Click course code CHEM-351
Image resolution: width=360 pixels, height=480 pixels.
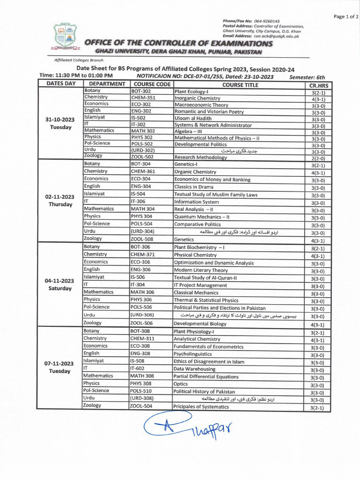pyautogui.click(x=143, y=98)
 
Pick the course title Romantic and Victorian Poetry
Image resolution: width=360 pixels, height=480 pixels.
pyautogui.click(x=209, y=112)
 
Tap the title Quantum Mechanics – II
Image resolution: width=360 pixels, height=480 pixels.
pyautogui.click(x=202, y=217)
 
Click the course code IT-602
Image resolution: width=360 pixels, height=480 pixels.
pyautogui.click(x=139, y=369)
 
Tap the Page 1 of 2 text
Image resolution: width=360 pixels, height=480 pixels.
pyautogui.click(x=345, y=16)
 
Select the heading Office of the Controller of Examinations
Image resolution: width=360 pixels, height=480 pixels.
pyautogui.click(x=178, y=43)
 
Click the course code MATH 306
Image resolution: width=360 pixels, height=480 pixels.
pyautogui.click(x=142, y=292)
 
